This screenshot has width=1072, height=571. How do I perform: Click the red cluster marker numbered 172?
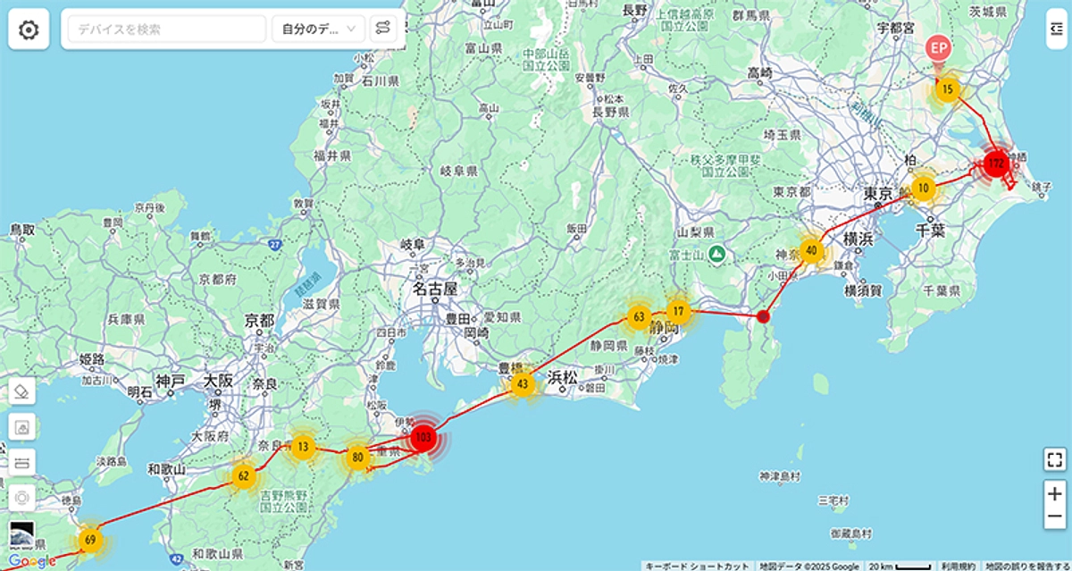pos(996,164)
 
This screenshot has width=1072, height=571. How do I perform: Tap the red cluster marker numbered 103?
pos(423,438)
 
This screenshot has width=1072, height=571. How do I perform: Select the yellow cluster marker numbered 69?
pos(90,540)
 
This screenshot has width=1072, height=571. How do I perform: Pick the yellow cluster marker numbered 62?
pos(243,475)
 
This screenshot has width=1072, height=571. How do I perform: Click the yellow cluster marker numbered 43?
pos(523,384)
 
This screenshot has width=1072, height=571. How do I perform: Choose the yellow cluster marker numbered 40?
pos(811,250)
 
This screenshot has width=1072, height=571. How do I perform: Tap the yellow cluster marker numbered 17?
pos(679,312)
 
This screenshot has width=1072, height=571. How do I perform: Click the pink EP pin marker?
pos(937,48)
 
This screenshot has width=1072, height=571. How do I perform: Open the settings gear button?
pos(29,30)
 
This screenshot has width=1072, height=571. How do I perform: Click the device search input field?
pos(165,29)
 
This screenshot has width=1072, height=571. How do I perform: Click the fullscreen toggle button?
pos(1054,460)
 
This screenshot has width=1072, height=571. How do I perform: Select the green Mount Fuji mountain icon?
pos(716,255)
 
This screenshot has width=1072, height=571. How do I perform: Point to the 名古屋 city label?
pos(435,290)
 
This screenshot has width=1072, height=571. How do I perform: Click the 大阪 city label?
pos(218,382)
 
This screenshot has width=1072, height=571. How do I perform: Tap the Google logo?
pos(32,560)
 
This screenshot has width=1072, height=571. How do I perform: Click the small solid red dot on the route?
pos(762,315)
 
